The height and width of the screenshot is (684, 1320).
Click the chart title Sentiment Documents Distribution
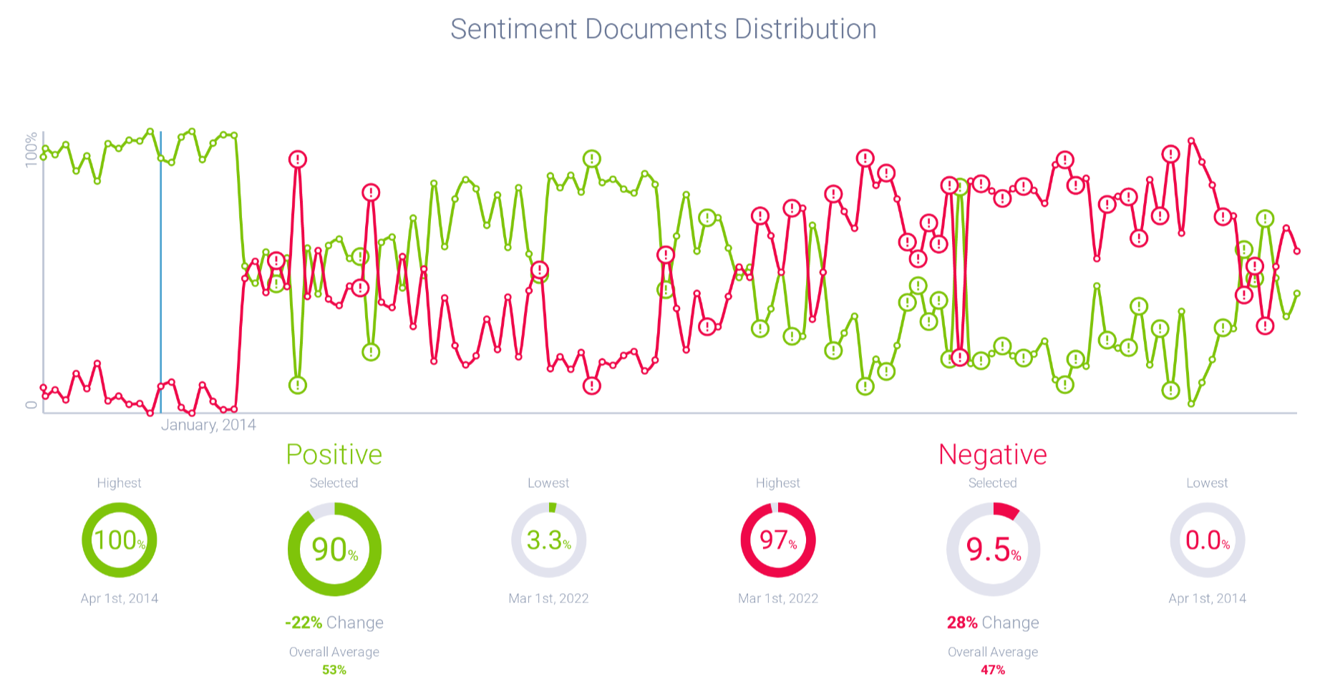[663, 29]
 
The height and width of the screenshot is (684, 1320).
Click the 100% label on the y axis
[31, 150]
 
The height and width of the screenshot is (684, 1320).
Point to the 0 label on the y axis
[31, 405]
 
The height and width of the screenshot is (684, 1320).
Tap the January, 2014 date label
[208, 425]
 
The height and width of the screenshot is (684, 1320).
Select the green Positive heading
[334, 455]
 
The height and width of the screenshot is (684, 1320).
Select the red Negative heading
[992, 455]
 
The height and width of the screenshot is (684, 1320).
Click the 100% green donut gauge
[119, 540]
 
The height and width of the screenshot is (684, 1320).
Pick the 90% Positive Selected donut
[334, 549]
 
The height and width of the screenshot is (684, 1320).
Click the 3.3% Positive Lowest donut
[548, 540]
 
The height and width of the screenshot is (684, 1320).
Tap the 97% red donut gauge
[777, 540]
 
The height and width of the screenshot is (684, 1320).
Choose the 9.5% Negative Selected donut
[993, 549]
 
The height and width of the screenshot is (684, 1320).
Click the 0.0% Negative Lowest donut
[1207, 540]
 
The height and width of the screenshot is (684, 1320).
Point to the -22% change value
[304, 622]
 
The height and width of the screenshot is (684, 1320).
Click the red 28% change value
[962, 622]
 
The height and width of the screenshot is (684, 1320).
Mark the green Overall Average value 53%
[334, 670]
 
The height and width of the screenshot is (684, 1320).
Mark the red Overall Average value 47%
[993, 670]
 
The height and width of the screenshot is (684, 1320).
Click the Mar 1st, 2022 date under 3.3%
[548, 598]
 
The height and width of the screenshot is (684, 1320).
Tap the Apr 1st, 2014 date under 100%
[119, 598]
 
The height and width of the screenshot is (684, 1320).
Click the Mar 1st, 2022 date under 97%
[777, 598]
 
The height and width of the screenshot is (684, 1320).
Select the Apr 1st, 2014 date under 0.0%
[1207, 598]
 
